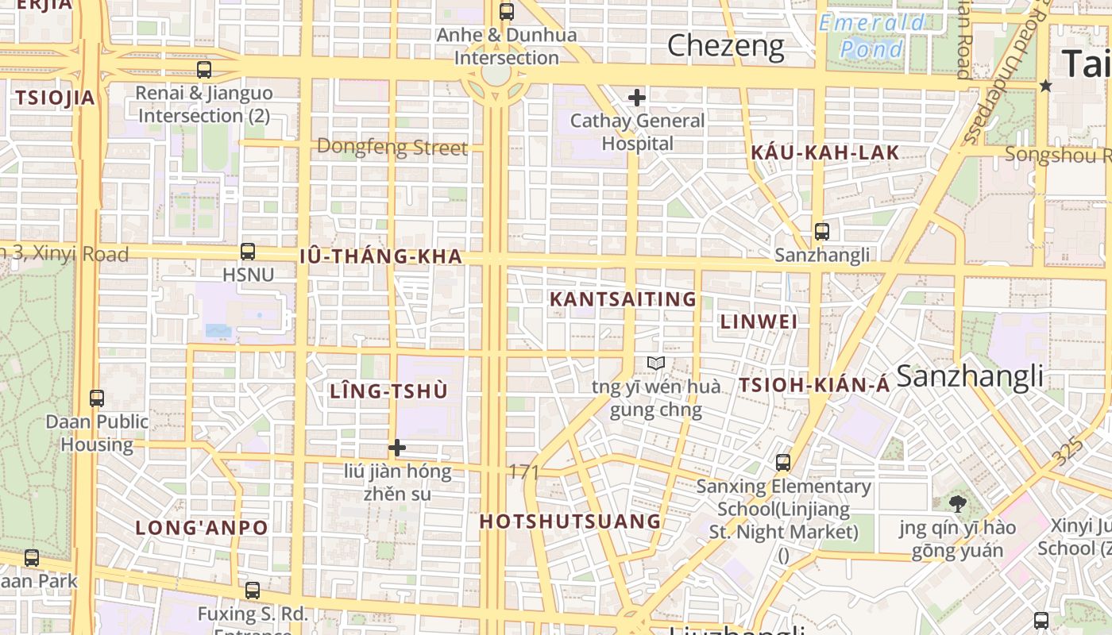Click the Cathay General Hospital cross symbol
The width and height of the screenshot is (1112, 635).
coord(636,98)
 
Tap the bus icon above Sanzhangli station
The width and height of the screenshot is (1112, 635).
coord(821,232)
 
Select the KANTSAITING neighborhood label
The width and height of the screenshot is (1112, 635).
coord(623,299)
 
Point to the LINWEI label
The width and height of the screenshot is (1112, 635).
coord(759,321)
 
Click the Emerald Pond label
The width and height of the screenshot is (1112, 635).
coord(872,36)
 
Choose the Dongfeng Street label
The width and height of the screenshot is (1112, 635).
coord(392,147)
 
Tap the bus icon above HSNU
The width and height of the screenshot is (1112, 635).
coord(248,252)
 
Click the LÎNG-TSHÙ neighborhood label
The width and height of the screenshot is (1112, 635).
coord(388,391)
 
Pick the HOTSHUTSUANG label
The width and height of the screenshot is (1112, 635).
coord(570,521)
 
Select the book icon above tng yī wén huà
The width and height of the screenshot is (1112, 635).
coord(655,364)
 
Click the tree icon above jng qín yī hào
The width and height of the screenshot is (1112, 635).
coord(957,503)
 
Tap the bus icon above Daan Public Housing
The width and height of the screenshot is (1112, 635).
coord(97,398)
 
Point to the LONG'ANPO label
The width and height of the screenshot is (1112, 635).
coord(201,527)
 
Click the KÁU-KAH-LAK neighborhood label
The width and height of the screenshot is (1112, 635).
coord(825,153)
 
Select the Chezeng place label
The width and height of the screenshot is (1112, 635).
coord(725,46)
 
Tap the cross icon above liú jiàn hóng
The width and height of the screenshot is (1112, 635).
coord(396,448)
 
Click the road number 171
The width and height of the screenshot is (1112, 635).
coord(524,472)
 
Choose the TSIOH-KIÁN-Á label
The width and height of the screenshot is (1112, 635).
coord(814,386)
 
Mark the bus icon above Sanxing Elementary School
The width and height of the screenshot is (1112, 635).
coord(783,462)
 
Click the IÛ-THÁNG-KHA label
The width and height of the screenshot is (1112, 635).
coord(381,256)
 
